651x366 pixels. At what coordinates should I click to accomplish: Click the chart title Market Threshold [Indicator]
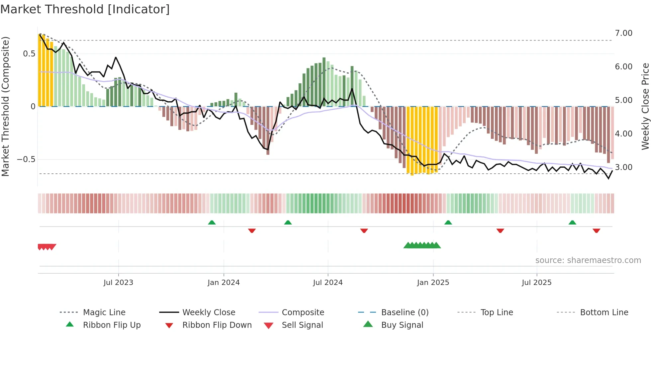tap(85, 9)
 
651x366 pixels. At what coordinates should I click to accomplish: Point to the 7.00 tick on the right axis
tap(623, 33)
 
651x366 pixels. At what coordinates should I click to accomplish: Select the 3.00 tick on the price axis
tap(623, 167)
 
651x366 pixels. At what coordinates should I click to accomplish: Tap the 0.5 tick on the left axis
tap(29, 54)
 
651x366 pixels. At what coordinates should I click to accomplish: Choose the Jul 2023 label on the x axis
tap(118, 283)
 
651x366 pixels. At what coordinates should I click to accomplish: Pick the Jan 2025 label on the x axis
tap(433, 283)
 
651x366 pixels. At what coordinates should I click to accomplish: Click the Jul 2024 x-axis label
tap(327, 283)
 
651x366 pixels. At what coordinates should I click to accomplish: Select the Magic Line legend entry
tap(104, 313)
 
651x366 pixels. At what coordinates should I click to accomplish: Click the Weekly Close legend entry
tap(209, 313)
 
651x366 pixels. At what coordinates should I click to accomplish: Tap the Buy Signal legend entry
tap(402, 325)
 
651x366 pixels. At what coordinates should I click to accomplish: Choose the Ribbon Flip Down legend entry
tap(217, 325)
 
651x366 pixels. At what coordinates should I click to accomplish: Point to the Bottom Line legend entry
tap(604, 313)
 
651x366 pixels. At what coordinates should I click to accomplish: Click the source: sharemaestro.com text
tap(588, 260)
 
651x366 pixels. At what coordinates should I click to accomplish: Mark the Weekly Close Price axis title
tap(645, 106)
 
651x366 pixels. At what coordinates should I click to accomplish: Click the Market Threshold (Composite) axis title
tap(5, 106)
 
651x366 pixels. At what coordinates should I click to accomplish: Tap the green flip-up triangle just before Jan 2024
tap(212, 223)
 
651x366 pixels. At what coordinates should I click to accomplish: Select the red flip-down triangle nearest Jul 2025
tap(500, 230)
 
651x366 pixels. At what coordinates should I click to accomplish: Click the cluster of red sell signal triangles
tap(47, 247)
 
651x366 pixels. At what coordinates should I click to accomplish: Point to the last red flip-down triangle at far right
tap(596, 230)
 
